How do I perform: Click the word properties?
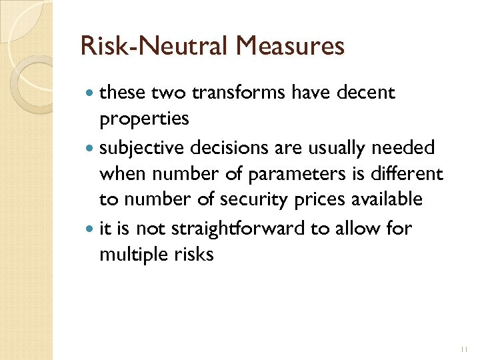(144, 119)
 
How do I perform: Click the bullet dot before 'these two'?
(90, 94)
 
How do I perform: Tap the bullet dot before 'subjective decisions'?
(90, 148)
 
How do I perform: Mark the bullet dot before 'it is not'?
(90, 229)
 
